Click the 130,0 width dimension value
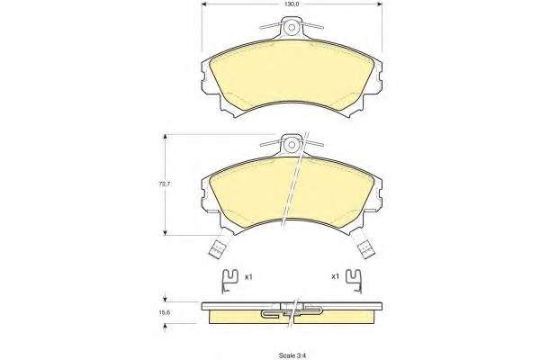(292, 4)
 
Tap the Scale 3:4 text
(292, 355)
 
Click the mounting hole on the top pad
(292, 28)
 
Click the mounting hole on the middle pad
(292, 145)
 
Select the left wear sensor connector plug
(218, 248)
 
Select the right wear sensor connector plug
(366, 248)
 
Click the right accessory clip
(354, 281)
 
